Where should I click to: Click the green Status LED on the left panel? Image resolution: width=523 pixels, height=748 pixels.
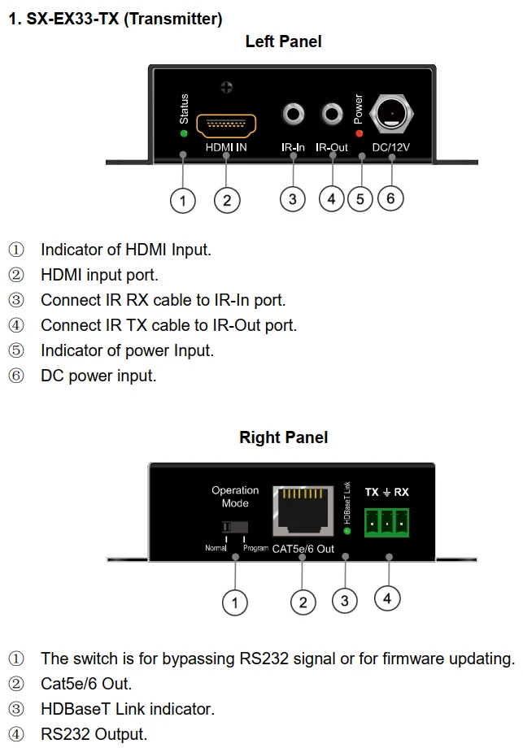coord(184,133)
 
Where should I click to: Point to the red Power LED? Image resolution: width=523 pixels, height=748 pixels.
coord(359,133)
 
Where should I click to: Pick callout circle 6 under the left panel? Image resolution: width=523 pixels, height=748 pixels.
coord(390,197)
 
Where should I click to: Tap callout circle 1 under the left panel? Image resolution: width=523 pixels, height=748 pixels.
coord(183,200)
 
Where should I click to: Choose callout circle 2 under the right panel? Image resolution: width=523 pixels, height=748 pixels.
coord(303,602)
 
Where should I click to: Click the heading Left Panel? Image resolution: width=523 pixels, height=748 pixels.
coord(283,41)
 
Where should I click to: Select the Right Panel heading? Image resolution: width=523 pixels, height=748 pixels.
coord(283,437)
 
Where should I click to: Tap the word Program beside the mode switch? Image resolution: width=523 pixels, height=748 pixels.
coord(255,549)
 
